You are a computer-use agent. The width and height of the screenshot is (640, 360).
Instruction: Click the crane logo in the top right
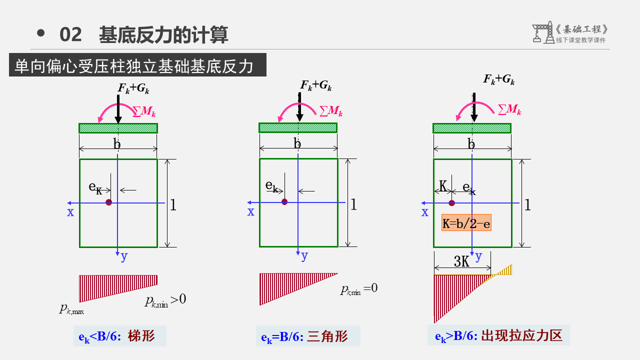pos(541,32)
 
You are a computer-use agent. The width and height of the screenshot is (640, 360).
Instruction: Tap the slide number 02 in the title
pos(70,34)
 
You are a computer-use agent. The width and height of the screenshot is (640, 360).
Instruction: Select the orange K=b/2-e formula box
pos(466,222)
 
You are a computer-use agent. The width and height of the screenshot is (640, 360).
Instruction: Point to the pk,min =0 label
pos(358,289)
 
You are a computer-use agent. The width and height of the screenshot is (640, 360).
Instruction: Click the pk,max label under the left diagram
pos(71,309)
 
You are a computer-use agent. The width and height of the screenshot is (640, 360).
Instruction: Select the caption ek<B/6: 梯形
pos(119,336)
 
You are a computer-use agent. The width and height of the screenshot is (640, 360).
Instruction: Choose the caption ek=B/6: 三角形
pos(307,336)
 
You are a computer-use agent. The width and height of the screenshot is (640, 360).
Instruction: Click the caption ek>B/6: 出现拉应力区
pos(498,335)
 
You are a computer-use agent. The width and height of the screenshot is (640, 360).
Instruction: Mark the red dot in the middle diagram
pos(284,202)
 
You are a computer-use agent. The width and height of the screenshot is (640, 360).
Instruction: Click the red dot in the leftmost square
pos(108,202)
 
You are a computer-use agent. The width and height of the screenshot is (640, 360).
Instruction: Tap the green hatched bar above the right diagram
pos(471,128)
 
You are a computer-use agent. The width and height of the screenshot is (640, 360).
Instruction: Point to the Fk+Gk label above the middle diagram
pos(316,85)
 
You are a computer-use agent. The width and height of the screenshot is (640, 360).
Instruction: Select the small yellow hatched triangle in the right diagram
pos(506,270)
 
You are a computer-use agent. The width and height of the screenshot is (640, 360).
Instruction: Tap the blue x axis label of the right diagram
pos(425,212)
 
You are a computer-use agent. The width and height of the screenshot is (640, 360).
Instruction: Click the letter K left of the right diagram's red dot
pos(443,187)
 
